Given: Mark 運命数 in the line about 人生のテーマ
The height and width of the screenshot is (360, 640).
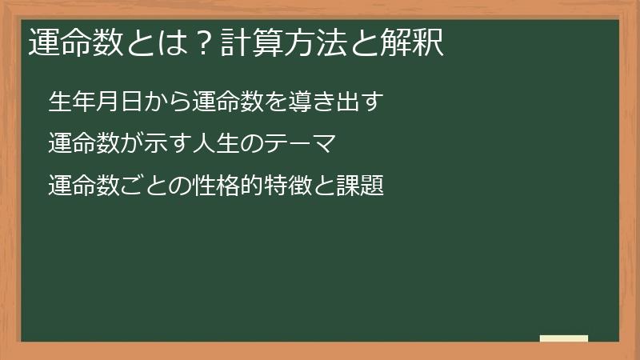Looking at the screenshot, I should point(82,145).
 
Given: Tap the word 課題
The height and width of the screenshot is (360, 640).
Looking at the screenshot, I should point(365,186).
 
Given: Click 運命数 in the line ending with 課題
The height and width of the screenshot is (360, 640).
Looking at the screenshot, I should point(82,186).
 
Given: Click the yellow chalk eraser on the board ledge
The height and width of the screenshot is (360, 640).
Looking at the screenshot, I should point(564,338).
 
